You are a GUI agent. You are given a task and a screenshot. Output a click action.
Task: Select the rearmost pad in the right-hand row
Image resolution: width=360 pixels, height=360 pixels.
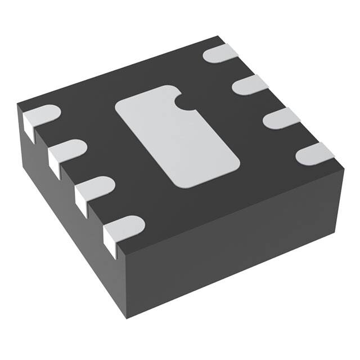click(221, 54)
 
